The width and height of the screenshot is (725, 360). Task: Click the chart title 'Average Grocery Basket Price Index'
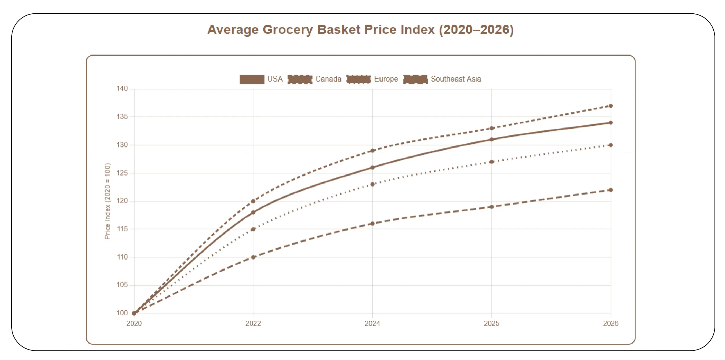pyautogui.click(x=360, y=30)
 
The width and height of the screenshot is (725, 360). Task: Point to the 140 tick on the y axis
pyautogui.click(x=122, y=89)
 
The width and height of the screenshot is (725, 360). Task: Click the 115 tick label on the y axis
pyautogui.click(x=122, y=229)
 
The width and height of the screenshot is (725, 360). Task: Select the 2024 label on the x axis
pyautogui.click(x=372, y=323)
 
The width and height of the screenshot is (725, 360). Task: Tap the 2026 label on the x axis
pyautogui.click(x=611, y=323)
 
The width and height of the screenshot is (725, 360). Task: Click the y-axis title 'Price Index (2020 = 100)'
pyautogui.click(x=107, y=201)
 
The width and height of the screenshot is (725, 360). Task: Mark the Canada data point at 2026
pyautogui.click(x=611, y=106)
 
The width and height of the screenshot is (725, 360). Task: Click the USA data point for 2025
pyautogui.click(x=492, y=139)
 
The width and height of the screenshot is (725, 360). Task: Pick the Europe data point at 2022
pyautogui.click(x=253, y=229)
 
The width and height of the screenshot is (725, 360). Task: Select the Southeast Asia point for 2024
pyautogui.click(x=372, y=224)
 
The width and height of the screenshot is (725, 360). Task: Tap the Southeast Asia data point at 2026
pyautogui.click(x=611, y=190)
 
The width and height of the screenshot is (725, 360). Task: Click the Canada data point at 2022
pyautogui.click(x=253, y=201)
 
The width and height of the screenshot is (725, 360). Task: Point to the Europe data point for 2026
pyautogui.click(x=611, y=145)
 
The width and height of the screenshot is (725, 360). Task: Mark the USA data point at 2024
pyautogui.click(x=372, y=168)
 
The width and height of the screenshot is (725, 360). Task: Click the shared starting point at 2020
pyautogui.click(x=134, y=313)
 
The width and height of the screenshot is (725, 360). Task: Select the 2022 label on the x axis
pyautogui.click(x=253, y=323)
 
